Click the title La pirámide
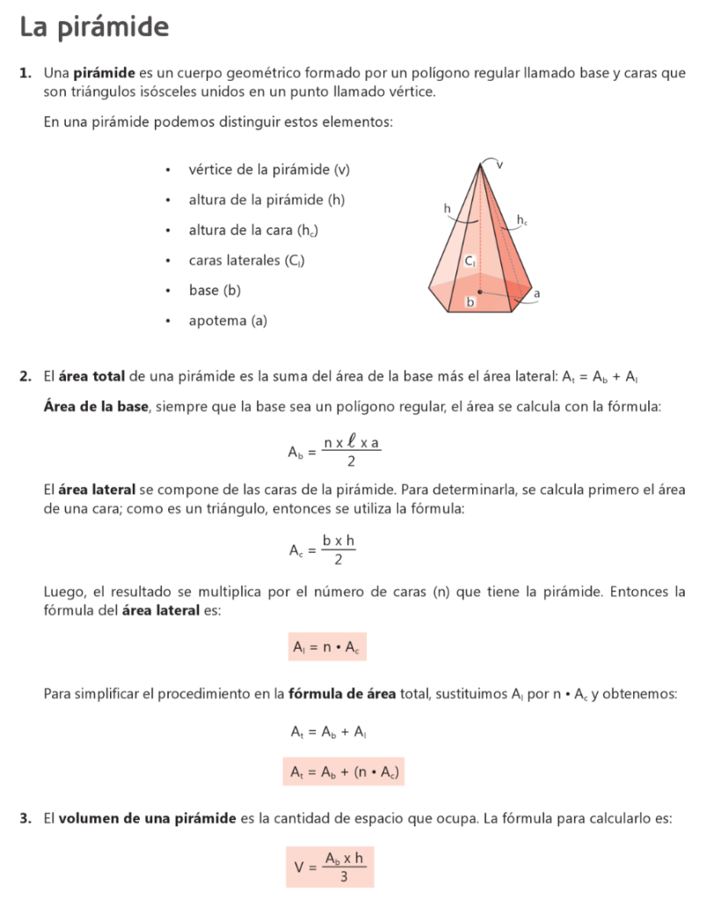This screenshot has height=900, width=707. [94, 28]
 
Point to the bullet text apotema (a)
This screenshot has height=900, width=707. [228, 321]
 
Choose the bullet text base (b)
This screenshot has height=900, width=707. [215, 290]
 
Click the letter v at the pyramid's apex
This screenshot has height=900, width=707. [499, 164]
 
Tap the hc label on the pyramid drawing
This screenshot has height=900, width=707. [522, 220]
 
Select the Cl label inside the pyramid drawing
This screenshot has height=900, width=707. [470, 260]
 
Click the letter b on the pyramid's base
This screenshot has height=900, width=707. [470, 302]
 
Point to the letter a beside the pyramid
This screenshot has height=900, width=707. [536, 294]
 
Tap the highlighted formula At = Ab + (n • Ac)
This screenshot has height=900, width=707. [345, 772]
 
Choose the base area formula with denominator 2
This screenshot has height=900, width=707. [334, 452]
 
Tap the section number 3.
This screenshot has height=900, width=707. [26, 818]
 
